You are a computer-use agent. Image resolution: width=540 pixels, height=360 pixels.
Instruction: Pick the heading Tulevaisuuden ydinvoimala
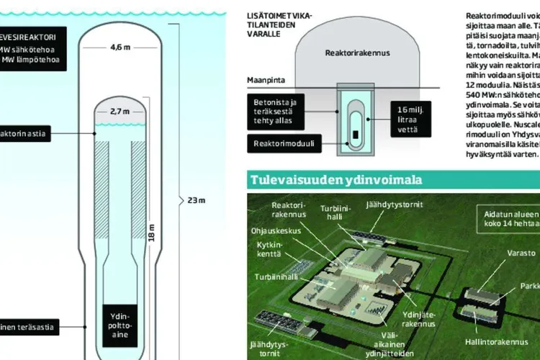(336, 179)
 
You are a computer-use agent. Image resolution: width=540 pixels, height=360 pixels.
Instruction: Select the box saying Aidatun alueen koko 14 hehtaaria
(504, 217)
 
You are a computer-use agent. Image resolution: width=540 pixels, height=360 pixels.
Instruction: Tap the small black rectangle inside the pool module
(355, 134)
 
